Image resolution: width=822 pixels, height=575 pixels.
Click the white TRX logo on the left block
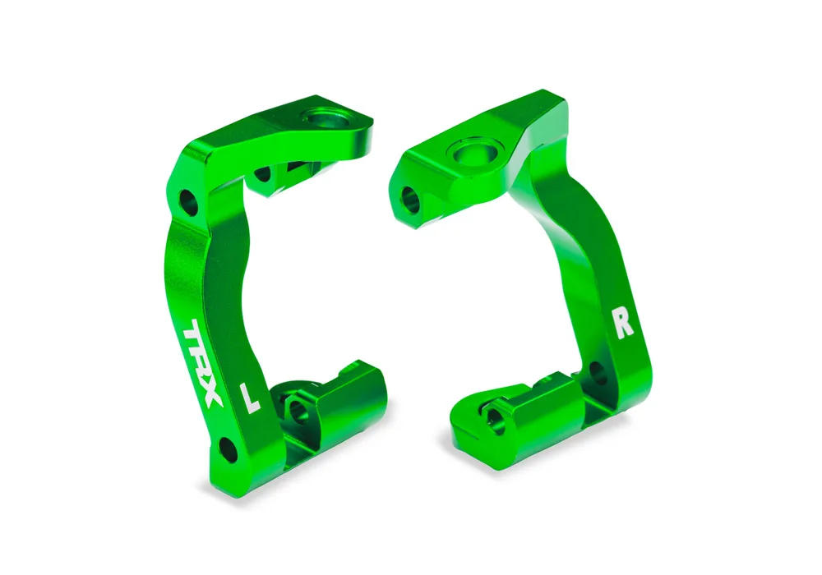(x=203, y=362)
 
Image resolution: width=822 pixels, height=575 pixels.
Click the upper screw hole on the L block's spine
(x=189, y=202)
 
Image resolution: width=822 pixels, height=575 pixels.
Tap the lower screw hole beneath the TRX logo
(x=228, y=448)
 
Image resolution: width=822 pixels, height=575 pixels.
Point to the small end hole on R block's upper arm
(x=410, y=200)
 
